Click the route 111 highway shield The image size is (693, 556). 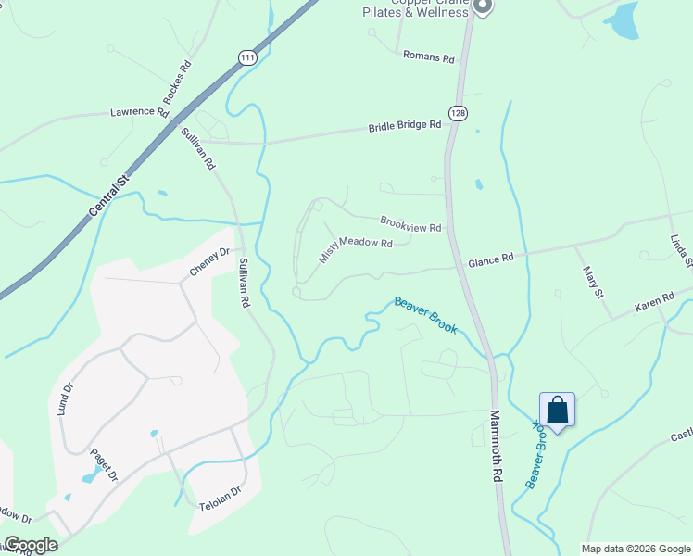[x=247, y=57]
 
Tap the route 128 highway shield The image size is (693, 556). [x=458, y=112]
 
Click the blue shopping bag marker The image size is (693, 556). [x=558, y=410]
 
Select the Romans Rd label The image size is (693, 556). [x=429, y=57]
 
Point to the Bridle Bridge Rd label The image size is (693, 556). [x=405, y=126]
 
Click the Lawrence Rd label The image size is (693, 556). [x=139, y=111]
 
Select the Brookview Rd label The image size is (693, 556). [x=410, y=223]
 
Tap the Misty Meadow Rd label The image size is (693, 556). [x=356, y=249]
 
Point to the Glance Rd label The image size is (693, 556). [x=490, y=261]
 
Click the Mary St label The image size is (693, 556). [x=593, y=282]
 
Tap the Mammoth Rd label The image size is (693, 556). [x=496, y=446]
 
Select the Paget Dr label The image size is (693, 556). [x=105, y=464]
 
